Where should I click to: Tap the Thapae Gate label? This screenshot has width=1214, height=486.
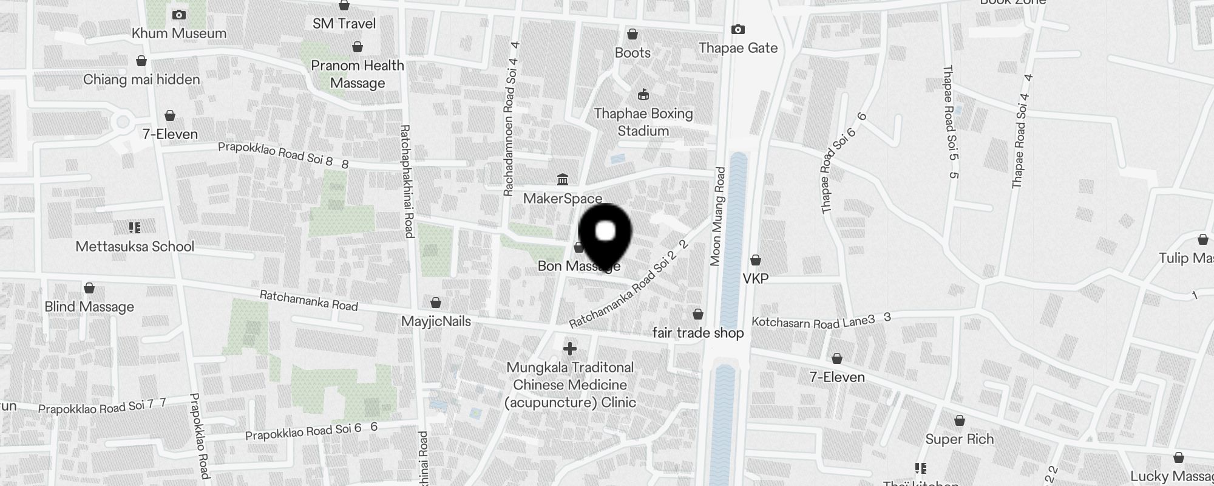pos(738,48)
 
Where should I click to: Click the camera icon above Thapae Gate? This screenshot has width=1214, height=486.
pos(738,29)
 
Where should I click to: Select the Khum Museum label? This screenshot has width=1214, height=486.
pos(179,33)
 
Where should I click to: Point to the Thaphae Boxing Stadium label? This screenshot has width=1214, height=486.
pos(643,122)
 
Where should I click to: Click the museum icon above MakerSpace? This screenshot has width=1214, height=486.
pos(563,180)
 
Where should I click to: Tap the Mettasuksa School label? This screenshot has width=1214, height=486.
pos(135,247)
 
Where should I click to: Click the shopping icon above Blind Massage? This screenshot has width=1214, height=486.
pos(89,288)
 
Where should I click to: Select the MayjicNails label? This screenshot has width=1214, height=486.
pos(436,321)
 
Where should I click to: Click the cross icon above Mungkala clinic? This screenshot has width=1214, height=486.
pos(569,349)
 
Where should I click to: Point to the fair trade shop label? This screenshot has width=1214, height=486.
pos(698,333)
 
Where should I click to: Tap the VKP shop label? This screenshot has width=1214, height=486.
pos(756,278)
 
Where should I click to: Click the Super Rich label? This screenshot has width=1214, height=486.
pos(959,439)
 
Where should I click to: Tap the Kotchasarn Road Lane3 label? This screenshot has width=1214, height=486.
pos(814,322)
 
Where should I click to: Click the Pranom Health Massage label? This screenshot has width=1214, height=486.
pos(358,74)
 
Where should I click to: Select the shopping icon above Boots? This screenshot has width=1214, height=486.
pos(632,34)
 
